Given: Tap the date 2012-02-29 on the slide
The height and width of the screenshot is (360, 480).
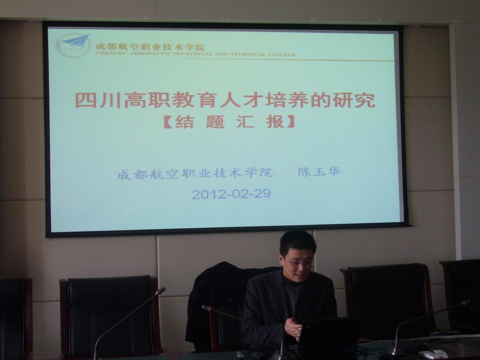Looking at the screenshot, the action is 231,194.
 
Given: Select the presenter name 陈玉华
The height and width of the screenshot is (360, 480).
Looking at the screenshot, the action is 319,172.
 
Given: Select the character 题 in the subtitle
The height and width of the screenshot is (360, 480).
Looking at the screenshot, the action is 215,122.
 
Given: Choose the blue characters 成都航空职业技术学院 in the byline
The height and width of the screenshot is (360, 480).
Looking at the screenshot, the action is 195,173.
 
